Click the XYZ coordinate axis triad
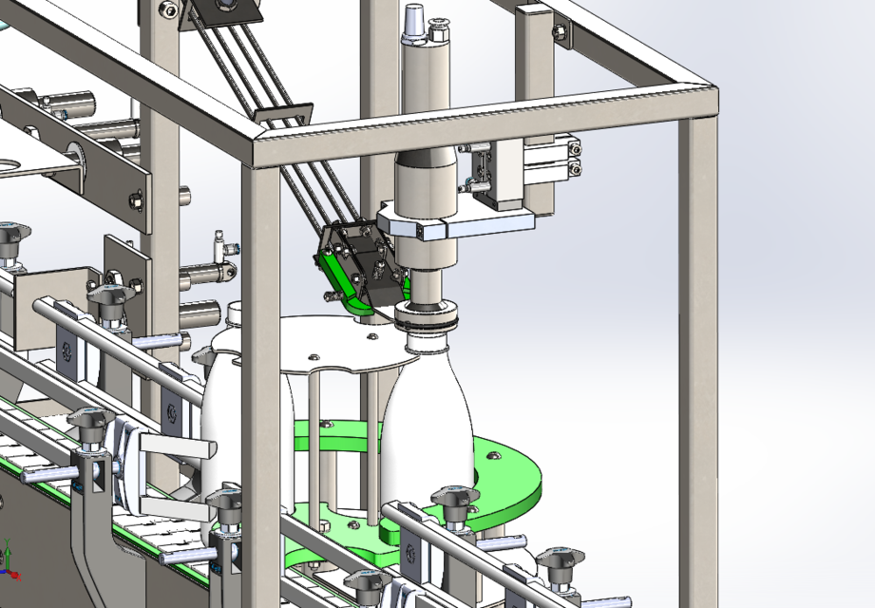10,561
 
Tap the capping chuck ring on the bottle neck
428,316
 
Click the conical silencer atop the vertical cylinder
415,24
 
